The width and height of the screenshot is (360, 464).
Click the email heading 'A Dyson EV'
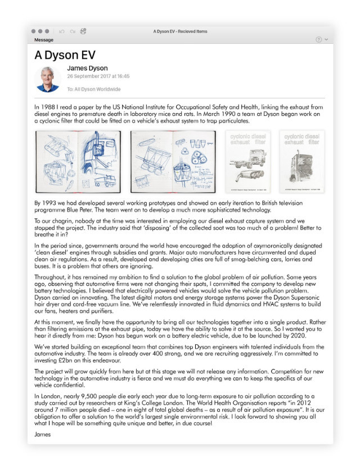click(x=65, y=55)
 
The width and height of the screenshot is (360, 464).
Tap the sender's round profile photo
click(x=48, y=79)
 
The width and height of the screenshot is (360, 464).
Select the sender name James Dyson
click(x=87, y=69)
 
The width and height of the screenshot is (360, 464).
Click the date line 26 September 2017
click(x=98, y=76)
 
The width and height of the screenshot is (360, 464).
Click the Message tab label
click(x=44, y=40)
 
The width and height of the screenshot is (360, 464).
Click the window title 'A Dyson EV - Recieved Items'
click(x=180, y=31)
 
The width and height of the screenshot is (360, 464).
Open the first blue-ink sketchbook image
click(x=78, y=162)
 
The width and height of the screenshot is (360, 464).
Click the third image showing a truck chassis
click(x=247, y=162)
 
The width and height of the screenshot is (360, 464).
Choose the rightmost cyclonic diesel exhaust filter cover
click(x=302, y=162)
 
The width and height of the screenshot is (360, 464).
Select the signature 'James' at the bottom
click(x=42, y=419)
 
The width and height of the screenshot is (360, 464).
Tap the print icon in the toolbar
click(x=83, y=31)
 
